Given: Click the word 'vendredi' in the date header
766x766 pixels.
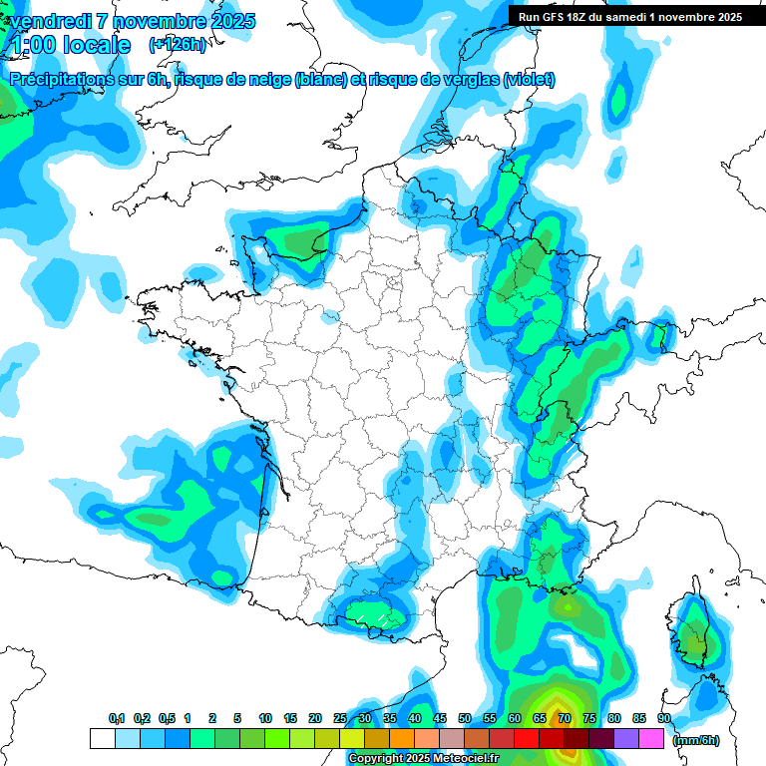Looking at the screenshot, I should tap(47, 21).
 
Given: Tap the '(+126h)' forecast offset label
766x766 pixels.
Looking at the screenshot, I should tap(178, 44).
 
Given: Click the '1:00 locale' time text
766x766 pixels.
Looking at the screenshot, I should tap(70, 45).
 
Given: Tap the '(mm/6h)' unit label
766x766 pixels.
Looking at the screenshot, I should tap(696, 740).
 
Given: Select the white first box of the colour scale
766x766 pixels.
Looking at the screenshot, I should tap(102, 739).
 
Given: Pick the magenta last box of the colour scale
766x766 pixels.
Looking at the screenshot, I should tap(651, 739).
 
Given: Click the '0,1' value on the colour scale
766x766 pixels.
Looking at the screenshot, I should tap(117, 718).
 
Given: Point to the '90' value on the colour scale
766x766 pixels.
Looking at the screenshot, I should tap(664, 718).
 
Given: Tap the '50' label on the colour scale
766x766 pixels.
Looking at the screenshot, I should tap(465, 718).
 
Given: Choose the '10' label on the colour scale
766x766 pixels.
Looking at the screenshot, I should tap(265, 718).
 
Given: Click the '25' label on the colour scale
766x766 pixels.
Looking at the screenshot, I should tap(340, 718).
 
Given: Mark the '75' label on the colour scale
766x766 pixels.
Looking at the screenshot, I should tap(589, 718).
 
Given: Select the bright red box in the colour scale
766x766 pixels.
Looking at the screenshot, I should tap(527, 739).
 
